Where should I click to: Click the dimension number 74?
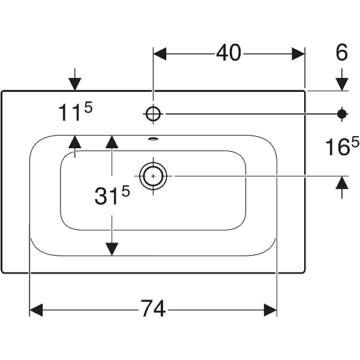[153, 310]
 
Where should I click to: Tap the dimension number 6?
[341, 53]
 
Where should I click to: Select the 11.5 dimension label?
[76, 112]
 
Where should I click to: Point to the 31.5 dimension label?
[112, 195]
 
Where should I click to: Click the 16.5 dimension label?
[343, 146]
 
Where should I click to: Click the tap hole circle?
[153, 113]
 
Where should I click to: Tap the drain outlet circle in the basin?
[153, 176]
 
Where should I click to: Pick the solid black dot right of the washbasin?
[342, 113]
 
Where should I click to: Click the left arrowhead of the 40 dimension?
[160, 53]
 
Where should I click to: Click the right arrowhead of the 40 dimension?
[299, 53]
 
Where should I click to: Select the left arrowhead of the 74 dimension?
[36, 310]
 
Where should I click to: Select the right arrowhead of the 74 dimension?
[270, 310]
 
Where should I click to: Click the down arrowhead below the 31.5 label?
[112, 248]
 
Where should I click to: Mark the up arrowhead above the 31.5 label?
[112, 142]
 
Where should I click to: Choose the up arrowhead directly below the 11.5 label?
[75, 142]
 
